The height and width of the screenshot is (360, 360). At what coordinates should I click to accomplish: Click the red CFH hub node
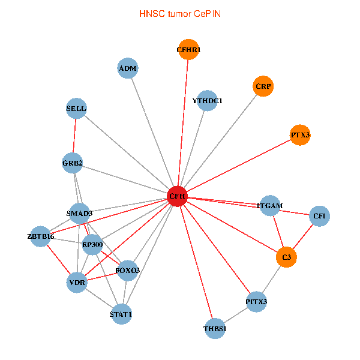177,196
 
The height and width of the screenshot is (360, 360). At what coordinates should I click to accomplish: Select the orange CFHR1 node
188,50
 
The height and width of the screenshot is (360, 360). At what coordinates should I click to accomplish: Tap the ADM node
128,68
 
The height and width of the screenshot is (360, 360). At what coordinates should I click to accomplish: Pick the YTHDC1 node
208,101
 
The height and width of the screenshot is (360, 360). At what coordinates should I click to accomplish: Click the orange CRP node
263,86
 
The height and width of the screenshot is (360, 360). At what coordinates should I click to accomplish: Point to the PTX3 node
300,135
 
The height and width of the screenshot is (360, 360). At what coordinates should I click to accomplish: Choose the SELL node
76,109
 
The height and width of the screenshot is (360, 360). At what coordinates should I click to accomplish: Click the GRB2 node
73,163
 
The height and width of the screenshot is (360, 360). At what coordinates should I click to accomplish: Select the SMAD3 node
79,214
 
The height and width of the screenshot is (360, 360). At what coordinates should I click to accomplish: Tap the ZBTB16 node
41,236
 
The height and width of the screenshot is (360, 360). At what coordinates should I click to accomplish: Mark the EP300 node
92,244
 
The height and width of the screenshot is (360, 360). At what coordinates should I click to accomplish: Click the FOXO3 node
128,271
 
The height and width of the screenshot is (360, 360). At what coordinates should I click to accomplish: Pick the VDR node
77,282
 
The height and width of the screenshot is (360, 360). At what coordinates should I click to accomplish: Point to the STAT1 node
121,314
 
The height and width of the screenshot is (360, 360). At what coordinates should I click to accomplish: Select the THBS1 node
215,329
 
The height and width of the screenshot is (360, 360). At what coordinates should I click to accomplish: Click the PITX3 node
256,301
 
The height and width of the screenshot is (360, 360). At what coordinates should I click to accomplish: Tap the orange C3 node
287,257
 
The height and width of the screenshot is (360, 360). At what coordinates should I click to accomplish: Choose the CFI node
319,215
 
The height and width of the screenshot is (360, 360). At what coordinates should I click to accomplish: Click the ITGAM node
270,206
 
